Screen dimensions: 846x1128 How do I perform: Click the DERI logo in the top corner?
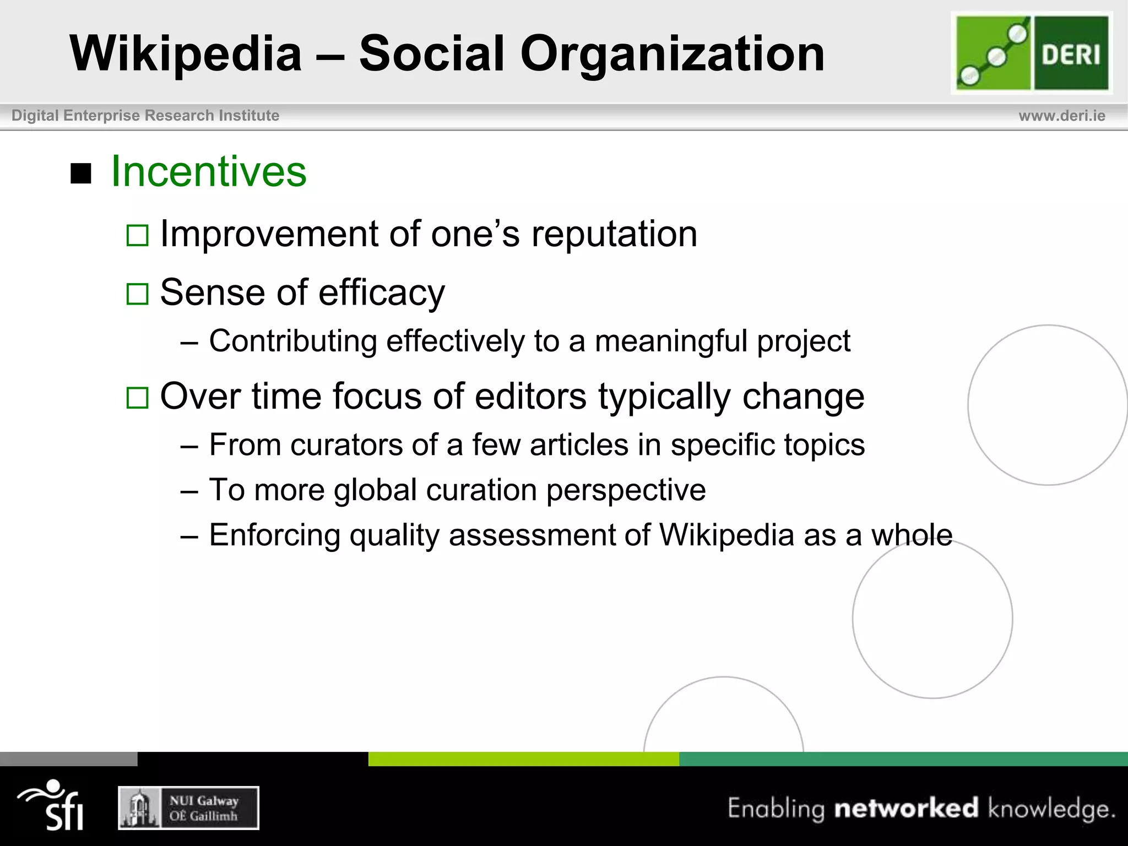click(x=1032, y=53)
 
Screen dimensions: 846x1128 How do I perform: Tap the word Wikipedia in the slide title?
click(x=186, y=54)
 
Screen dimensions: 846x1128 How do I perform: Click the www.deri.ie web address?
click(x=1061, y=116)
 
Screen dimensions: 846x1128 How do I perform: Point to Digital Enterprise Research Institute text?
click(x=145, y=116)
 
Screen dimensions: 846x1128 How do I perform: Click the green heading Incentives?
click(x=209, y=172)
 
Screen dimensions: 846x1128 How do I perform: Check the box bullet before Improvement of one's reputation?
click(x=137, y=236)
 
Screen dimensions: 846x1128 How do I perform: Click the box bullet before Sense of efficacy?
click(x=137, y=294)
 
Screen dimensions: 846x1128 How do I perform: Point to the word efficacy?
click(x=382, y=293)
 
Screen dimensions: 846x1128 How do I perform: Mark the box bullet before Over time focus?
click(x=137, y=398)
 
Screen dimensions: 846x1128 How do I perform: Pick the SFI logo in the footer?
click(x=52, y=805)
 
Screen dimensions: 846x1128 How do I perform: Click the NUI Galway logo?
click(x=188, y=808)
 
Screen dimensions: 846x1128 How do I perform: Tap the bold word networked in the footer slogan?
click(x=906, y=809)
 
